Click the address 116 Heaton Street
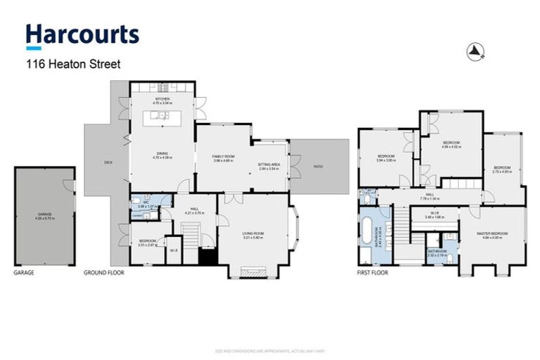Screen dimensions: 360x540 click(73, 64)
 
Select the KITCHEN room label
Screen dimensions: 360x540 click(163, 99)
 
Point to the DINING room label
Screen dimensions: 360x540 click(163, 156)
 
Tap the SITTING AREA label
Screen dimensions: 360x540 click(269, 165)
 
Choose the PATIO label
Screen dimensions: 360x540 click(318, 167)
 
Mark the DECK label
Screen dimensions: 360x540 click(108, 162)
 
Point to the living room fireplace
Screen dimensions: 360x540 click(251, 272)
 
